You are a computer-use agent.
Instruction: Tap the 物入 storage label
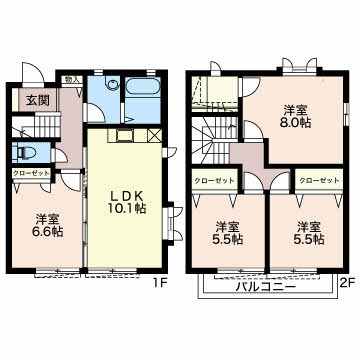72,80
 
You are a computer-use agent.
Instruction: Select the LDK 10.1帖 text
126,202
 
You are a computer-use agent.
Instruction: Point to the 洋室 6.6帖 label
47,225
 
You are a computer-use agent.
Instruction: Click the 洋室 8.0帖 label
295,116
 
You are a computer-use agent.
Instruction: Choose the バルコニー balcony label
265,286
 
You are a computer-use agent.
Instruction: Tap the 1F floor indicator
159,283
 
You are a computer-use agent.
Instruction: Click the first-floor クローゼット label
31,173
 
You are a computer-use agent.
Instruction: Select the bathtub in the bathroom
143,85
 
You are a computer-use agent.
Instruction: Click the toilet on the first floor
27,153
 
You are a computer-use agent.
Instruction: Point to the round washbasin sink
114,84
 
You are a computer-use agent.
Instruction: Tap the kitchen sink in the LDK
125,136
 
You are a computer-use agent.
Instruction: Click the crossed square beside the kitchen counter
154,136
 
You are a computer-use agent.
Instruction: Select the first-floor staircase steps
47,125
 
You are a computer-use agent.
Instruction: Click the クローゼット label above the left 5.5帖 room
214,181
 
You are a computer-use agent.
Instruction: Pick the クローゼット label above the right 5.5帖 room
319,181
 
